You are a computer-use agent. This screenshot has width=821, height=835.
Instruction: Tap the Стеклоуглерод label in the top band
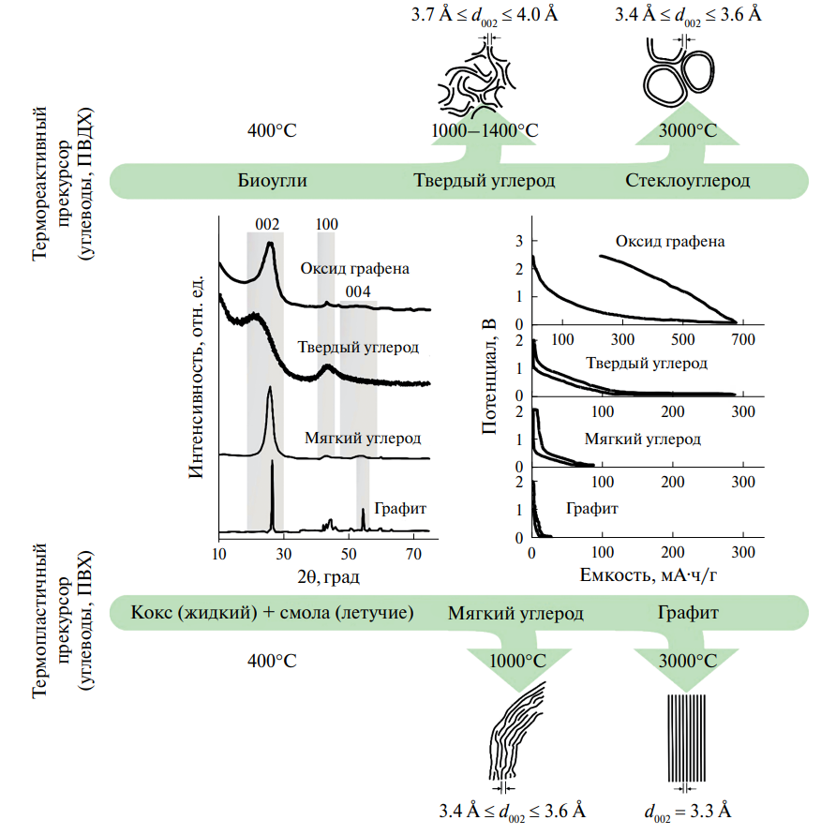tap(687, 180)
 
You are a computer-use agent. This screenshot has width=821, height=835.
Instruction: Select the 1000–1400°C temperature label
tap(485, 131)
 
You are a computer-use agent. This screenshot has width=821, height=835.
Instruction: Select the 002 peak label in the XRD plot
tap(267, 224)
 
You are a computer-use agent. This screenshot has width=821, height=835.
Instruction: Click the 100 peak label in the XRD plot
tap(326, 224)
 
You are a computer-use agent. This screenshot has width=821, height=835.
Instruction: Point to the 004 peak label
tap(357, 291)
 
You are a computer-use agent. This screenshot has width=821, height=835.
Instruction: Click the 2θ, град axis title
tap(325, 574)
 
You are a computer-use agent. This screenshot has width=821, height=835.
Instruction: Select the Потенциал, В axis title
tap(488, 376)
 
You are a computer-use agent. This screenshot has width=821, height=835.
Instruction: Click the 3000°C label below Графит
tap(687, 661)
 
